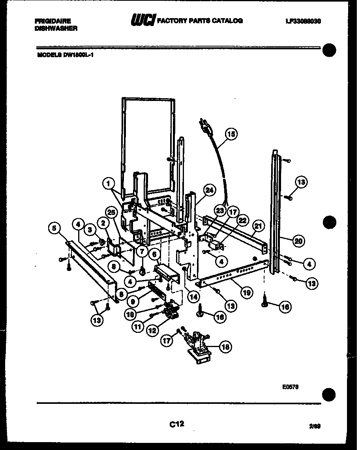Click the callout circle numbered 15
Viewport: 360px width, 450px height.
click(x=232, y=134)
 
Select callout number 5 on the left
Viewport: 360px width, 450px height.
click(x=54, y=228)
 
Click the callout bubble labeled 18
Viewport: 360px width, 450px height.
click(x=225, y=347)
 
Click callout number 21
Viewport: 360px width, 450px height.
click(x=258, y=226)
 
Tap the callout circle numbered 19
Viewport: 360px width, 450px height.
click(x=247, y=293)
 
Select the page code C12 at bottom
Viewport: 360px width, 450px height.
click(x=176, y=424)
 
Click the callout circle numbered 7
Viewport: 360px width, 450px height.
click(x=142, y=251)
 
